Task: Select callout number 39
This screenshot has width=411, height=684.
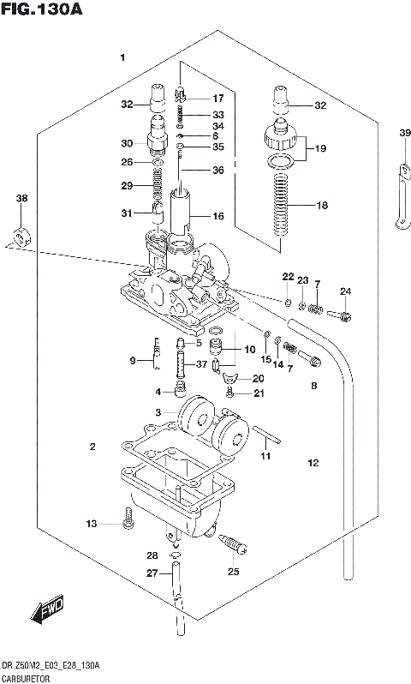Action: [x=404, y=132]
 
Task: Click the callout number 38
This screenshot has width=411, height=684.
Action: [x=22, y=199]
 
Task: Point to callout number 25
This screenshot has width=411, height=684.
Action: [x=234, y=572]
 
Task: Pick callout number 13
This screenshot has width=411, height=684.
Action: [x=92, y=523]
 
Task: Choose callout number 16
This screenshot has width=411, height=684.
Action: [x=218, y=216]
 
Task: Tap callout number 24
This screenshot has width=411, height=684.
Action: [x=346, y=293]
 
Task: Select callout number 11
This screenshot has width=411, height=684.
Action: [x=266, y=455]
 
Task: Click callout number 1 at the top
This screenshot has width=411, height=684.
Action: [x=122, y=58]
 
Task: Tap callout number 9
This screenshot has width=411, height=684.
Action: [x=133, y=361]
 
